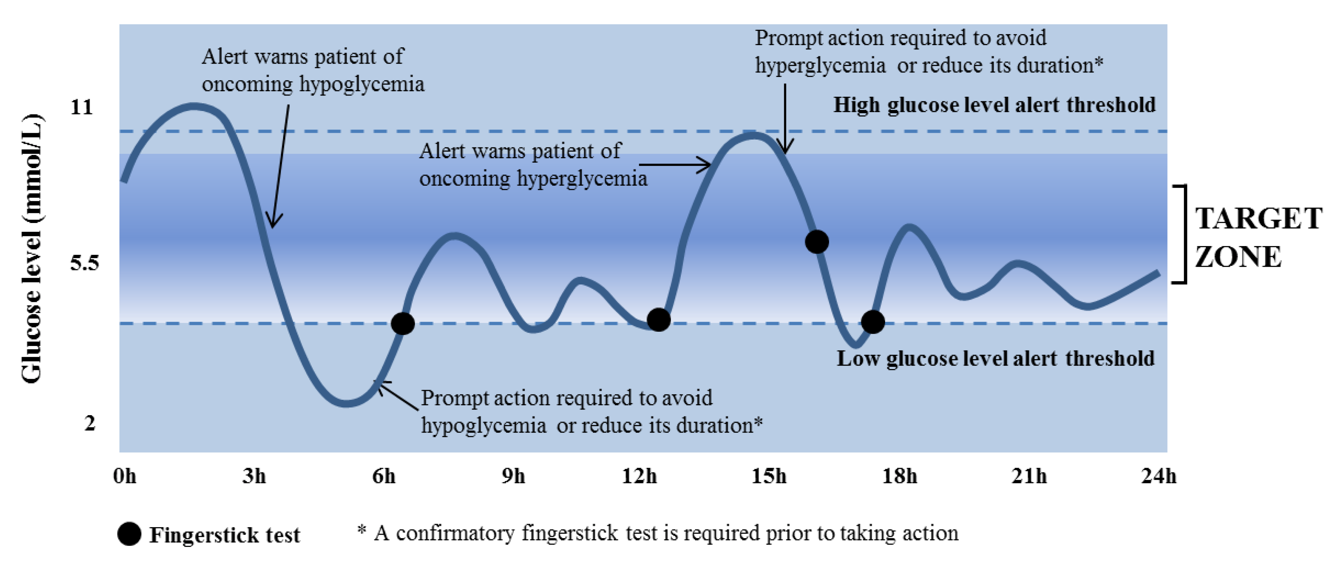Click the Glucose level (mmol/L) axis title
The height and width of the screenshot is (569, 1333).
(32, 249)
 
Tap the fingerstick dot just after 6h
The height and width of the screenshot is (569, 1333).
(402, 324)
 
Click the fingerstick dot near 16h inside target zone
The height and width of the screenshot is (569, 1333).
(817, 242)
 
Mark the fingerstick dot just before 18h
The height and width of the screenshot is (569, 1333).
(873, 322)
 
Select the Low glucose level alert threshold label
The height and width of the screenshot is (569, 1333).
(995, 358)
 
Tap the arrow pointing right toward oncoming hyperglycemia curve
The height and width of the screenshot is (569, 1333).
(675, 165)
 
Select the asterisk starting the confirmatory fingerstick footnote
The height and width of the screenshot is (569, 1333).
(362, 530)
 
